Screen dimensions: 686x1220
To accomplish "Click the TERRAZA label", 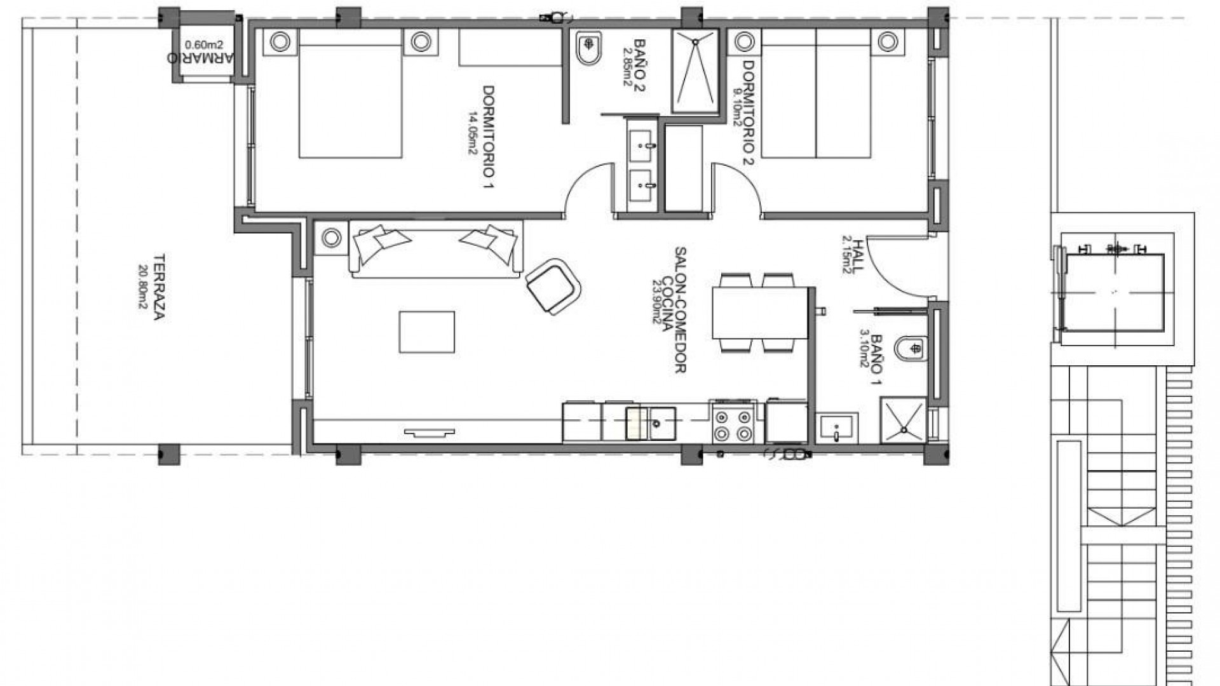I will (159, 288).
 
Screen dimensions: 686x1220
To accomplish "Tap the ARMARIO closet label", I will (200, 57).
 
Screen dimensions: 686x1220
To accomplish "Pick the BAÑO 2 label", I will (639, 65).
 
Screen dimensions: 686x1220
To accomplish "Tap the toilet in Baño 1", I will (911, 348).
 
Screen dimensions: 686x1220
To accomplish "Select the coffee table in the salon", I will (426, 332).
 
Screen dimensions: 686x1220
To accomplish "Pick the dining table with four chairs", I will (759, 313).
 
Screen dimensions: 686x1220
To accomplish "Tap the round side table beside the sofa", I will (331, 238).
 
